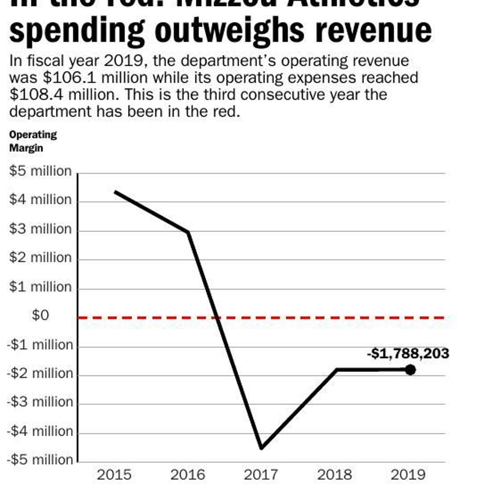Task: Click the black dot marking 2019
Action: click(410, 369)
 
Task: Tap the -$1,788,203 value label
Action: click(408, 354)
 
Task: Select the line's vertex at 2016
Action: click(188, 232)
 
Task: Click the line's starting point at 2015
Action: click(115, 192)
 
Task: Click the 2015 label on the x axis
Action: click(115, 475)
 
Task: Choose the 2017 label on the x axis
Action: click(261, 475)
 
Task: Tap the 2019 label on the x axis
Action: click(408, 475)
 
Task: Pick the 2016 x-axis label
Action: click(188, 475)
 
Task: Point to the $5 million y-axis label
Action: click(40, 171)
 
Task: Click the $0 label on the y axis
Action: click(40, 315)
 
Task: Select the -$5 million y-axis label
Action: click(40, 459)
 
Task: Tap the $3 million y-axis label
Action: click(40, 229)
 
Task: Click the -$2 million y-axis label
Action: click(40, 373)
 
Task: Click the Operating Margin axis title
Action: click(33, 141)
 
